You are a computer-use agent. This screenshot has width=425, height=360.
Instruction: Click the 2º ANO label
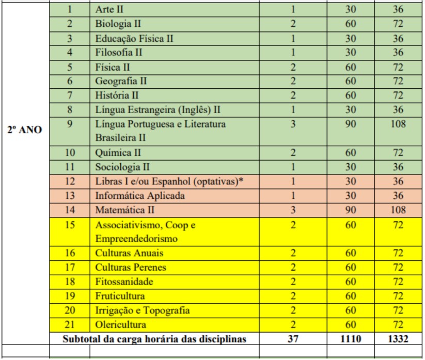point(25,130)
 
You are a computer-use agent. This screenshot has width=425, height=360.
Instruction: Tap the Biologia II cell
point(118,24)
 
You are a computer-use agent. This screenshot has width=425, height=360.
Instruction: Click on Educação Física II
point(134,38)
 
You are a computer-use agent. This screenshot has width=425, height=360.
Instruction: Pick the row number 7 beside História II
point(70,95)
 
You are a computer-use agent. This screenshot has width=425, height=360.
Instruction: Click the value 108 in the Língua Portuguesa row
point(399,124)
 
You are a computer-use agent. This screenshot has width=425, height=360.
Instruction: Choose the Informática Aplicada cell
point(140,196)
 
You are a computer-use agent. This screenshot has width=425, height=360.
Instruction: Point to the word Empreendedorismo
point(136,239)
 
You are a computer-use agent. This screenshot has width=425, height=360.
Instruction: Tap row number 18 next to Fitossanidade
point(70,282)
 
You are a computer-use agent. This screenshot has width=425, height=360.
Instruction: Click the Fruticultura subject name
point(120,296)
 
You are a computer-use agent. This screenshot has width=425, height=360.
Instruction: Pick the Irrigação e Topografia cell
point(143,310)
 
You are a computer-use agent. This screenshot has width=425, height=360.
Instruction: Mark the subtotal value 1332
point(399,339)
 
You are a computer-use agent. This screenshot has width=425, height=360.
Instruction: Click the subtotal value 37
point(292,339)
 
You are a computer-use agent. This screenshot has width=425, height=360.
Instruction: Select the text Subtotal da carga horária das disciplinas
point(154,339)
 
